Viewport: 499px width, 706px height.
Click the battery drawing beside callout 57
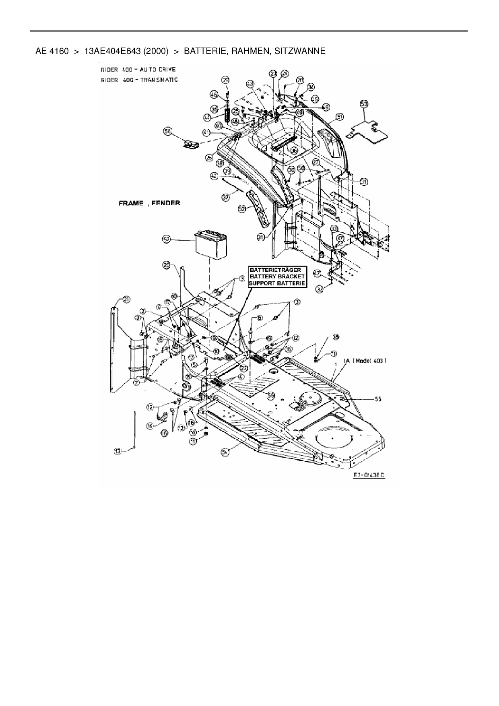[211, 245]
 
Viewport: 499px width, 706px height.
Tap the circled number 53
[364, 104]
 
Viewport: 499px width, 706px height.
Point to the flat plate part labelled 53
[366, 132]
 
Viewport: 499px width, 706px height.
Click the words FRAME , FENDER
[149, 203]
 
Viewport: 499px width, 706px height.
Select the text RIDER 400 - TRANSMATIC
[139, 80]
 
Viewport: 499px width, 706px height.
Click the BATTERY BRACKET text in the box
[277, 277]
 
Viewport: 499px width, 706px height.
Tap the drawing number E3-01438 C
[369, 475]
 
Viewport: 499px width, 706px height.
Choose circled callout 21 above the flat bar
[126, 299]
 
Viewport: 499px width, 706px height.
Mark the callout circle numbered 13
[117, 452]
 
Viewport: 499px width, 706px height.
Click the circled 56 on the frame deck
[271, 396]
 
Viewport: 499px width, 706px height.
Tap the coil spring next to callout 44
[228, 116]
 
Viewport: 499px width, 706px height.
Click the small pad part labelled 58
[190, 144]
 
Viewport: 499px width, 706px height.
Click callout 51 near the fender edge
[340, 116]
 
